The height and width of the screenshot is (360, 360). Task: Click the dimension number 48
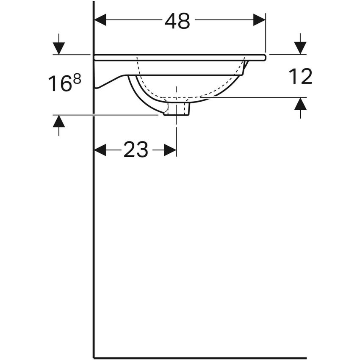[x=177, y=21]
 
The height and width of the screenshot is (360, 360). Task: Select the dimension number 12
[x=300, y=77]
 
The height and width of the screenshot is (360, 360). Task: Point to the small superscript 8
[x=77, y=78]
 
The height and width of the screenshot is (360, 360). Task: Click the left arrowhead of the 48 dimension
[x=100, y=20]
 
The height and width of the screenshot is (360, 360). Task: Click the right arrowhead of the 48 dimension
[x=259, y=20]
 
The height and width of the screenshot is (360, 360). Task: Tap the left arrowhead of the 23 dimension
[x=100, y=150]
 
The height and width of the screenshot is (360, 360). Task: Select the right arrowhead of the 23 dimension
[x=170, y=150]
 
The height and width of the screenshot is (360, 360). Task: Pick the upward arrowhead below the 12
[x=300, y=104]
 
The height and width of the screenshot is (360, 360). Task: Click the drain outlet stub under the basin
[x=177, y=109]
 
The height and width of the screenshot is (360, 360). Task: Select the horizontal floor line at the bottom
[x=199, y=358]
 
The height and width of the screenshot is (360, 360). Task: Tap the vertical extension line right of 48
[x=266, y=34]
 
